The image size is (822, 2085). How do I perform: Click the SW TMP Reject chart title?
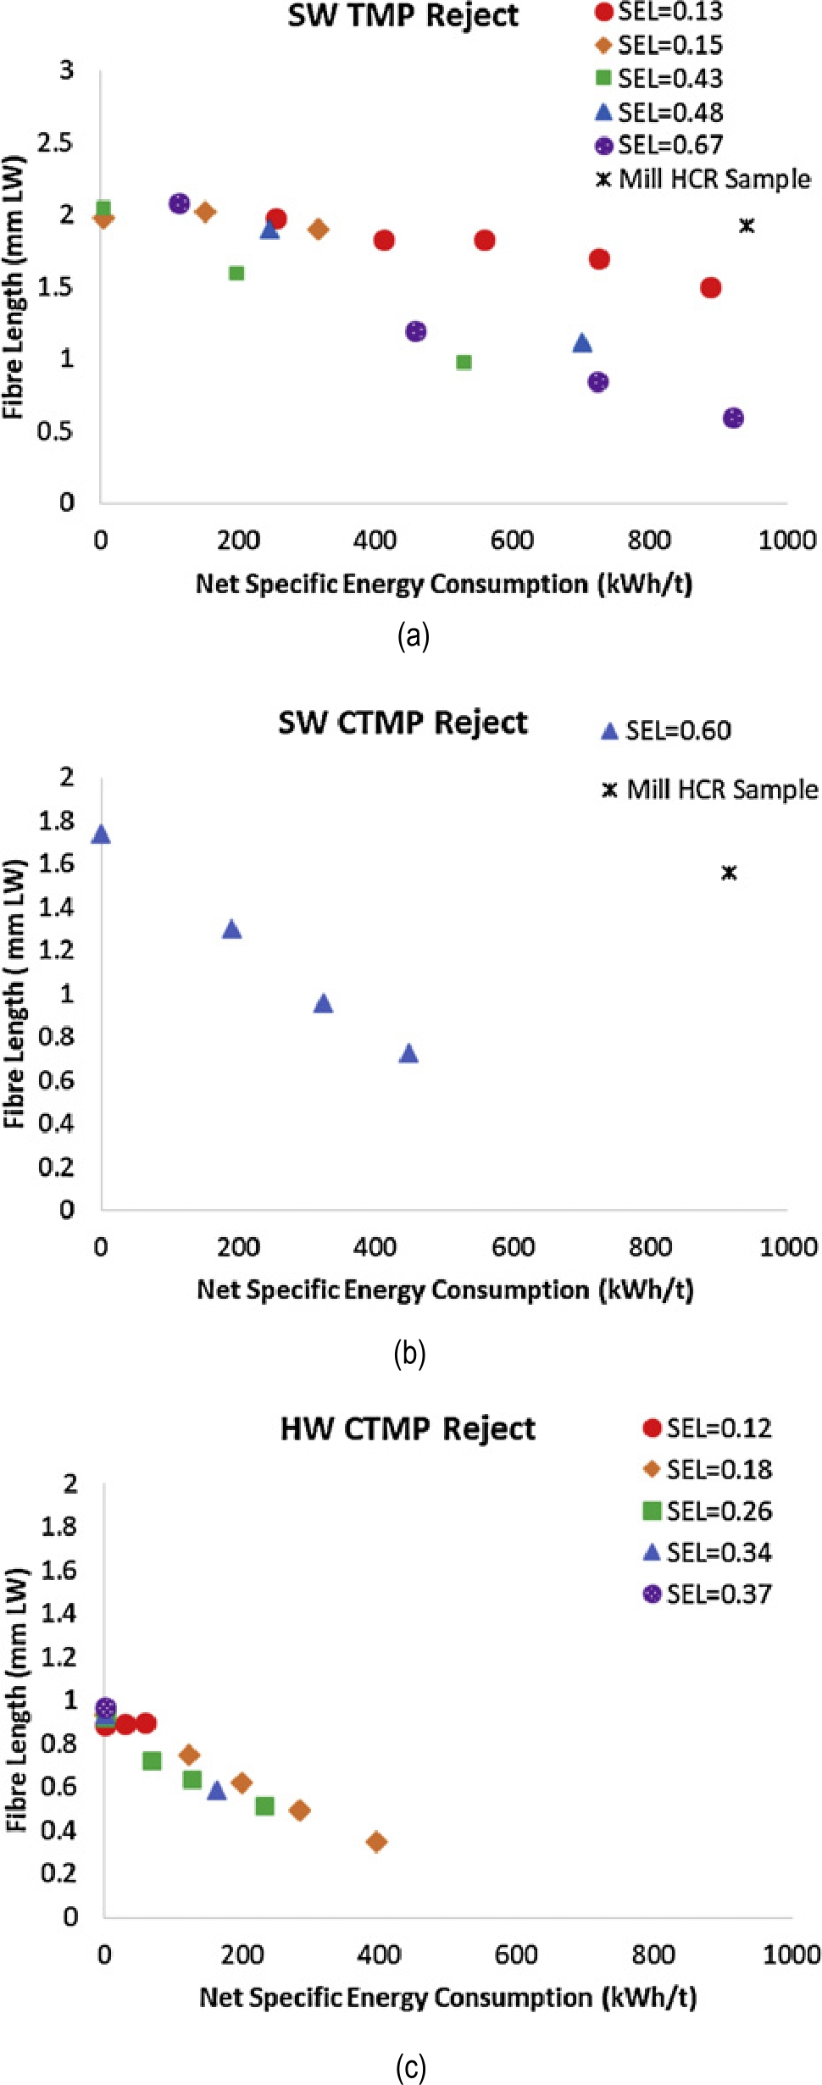[x=403, y=16]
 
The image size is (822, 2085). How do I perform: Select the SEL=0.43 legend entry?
[x=659, y=79]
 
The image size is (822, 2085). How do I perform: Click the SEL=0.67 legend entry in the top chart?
[x=659, y=146]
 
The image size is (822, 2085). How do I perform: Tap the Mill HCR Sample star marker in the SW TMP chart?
[x=747, y=225]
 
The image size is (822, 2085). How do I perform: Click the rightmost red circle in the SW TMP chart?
[x=711, y=288]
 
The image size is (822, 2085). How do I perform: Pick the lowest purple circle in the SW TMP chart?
[x=734, y=418]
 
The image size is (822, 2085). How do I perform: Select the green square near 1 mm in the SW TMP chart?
[x=464, y=363]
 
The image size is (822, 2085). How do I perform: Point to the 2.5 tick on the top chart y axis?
[x=54, y=142]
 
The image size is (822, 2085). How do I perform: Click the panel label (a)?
[x=413, y=635]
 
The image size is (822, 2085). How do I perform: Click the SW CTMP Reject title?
[x=403, y=723]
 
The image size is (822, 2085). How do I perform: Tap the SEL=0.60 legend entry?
[x=667, y=730]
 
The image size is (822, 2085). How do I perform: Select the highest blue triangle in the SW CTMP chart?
[x=101, y=835]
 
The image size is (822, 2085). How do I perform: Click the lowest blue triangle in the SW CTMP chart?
[x=408, y=1054]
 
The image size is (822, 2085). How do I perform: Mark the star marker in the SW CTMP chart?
[x=729, y=873]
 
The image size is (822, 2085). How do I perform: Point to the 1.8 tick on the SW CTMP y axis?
[x=56, y=820]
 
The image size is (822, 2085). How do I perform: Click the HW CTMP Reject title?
[x=408, y=1429]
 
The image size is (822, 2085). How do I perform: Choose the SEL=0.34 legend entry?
[x=708, y=1553]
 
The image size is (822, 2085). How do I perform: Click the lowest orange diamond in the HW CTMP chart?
[x=377, y=1842]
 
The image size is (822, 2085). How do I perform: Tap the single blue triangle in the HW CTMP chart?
[x=217, y=1791]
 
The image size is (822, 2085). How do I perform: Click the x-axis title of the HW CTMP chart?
[x=447, y=1997]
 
